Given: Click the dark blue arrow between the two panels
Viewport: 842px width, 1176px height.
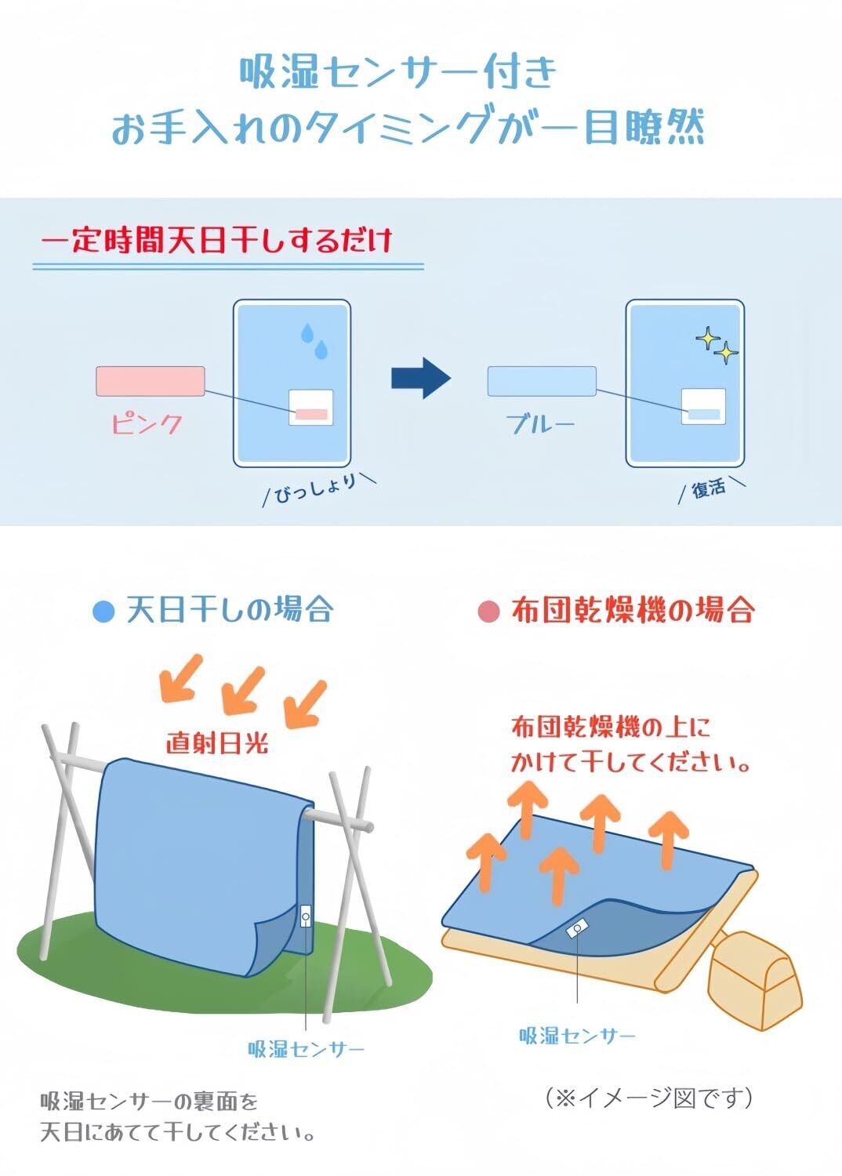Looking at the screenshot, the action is coord(420,379).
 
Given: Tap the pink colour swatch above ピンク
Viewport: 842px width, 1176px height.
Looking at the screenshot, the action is coord(151,381).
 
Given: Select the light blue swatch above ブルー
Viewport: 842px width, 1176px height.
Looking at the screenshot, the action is coord(542,381).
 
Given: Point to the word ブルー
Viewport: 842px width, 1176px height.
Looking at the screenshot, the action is coord(541,424).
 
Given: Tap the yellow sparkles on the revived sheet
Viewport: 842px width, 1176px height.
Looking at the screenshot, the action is coord(717,347).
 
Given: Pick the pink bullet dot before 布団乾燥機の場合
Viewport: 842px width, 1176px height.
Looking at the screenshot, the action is coord(488,611).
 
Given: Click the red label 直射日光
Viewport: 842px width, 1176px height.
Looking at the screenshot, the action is coord(217,742).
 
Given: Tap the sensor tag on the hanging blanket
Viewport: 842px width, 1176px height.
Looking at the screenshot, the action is coord(307,915).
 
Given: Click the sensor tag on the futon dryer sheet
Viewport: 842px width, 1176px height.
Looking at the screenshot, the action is coord(576,929).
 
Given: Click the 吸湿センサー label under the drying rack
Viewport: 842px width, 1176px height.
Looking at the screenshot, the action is coord(307,1049).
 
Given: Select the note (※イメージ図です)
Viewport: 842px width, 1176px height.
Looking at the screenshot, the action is coord(649,1098).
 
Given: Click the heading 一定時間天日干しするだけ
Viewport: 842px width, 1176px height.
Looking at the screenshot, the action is coord(216,241).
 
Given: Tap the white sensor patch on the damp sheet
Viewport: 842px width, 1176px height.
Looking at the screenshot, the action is coord(311,407).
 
